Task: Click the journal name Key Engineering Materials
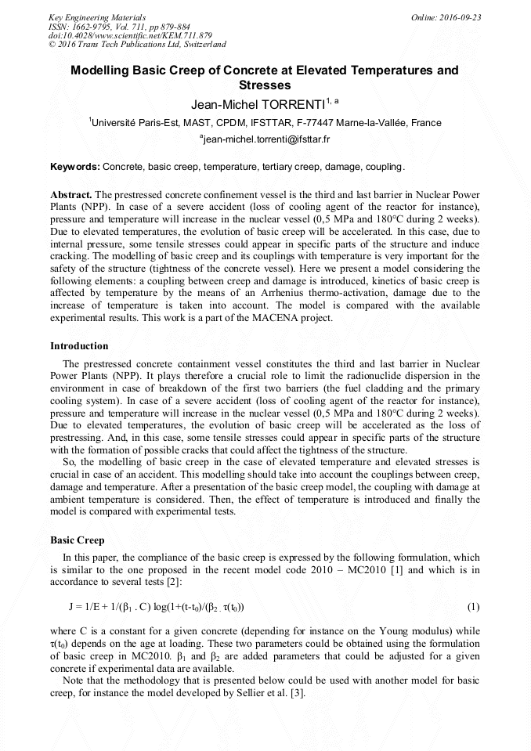pos(97,16)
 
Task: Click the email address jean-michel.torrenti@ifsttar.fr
pos(266,139)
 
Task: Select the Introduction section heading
pos(79,345)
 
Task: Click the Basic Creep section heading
pos(77,540)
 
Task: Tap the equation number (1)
pos(473,607)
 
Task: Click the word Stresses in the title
pos(265,85)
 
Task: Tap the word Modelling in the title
pos(102,70)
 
